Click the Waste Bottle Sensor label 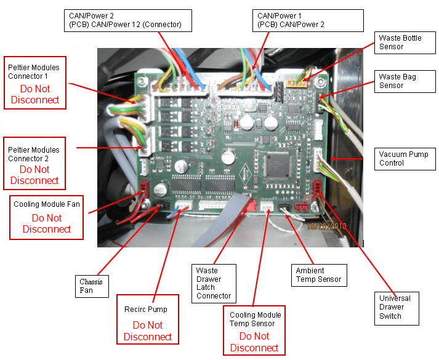click(400, 42)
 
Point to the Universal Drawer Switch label click(395, 307)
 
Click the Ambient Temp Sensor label click(318, 275)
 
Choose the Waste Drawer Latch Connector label click(214, 283)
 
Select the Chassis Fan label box click(91, 286)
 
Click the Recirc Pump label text click(148, 309)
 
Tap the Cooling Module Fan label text click(47, 204)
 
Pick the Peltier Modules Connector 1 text click(34, 71)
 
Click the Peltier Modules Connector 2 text click(34, 154)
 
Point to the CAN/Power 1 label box click(291, 20)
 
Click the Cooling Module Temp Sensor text click(252, 318)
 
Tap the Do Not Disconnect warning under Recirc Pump click(148, 331)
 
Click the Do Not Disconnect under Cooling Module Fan click(47, 223)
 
